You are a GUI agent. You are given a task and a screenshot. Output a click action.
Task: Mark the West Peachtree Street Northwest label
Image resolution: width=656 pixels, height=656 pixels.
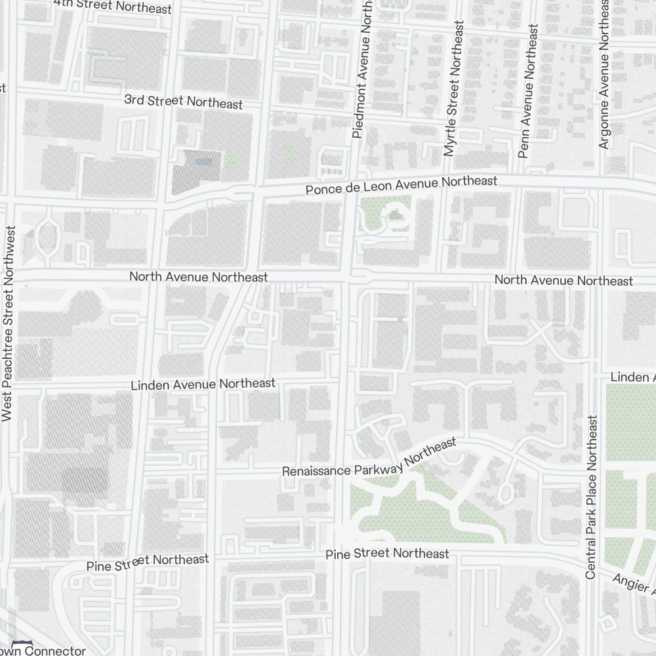tap(9, 323)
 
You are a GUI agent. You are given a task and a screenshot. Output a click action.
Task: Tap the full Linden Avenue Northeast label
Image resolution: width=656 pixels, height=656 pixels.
tap(203, 384)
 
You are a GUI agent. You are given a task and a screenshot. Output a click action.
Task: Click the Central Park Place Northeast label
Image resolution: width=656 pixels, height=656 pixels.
tap(591, 497)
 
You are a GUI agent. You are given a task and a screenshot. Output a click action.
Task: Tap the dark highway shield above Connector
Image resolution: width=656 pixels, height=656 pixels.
tap(23, 642)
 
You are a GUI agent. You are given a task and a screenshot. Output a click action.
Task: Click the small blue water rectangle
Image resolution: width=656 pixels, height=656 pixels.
tap(204, 159)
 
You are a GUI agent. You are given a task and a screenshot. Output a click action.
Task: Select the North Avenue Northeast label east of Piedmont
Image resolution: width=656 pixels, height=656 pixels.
tap(564, 280)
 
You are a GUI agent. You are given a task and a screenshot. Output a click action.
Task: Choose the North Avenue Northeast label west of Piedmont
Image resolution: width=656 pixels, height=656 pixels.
tap(198, 277)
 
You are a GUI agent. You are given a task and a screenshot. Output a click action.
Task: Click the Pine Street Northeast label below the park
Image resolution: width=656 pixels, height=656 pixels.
tap(387, 554)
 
